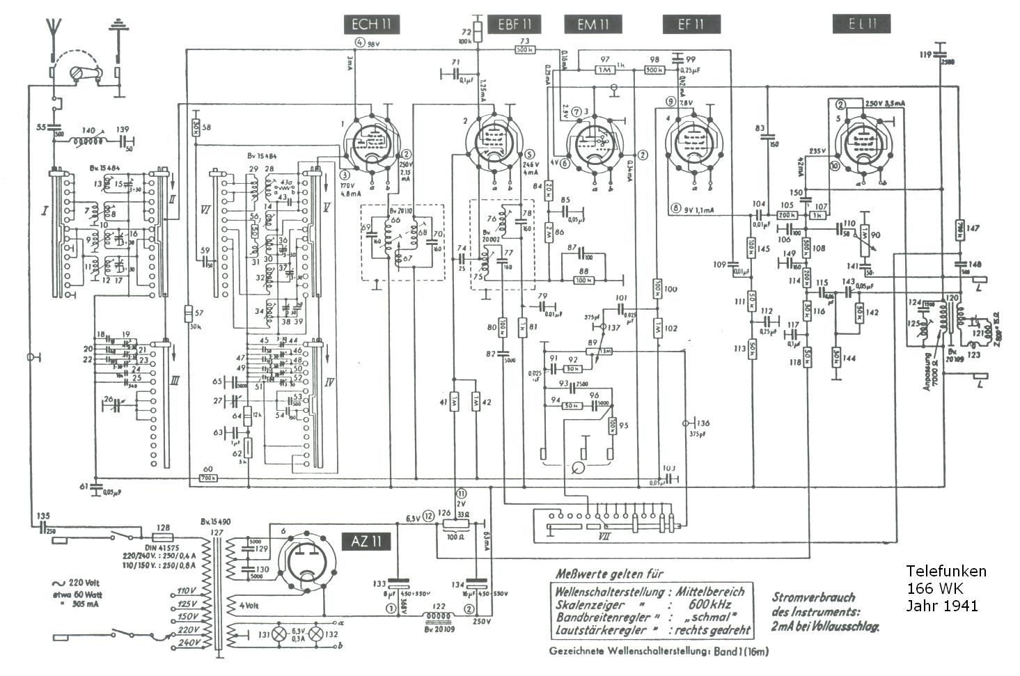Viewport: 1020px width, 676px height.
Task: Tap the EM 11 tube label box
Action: (593, 25)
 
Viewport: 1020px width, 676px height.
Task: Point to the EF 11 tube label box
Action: (691, 25)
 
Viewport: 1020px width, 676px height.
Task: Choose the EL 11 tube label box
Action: (861, 24)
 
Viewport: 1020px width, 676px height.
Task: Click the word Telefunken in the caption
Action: (946, 572)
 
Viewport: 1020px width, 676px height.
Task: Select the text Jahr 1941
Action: (941, 606)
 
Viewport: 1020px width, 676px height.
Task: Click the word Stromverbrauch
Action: (813, 597)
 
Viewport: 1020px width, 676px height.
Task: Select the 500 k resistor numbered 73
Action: (524, 50)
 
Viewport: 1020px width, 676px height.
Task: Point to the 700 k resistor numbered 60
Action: (208, 478)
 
